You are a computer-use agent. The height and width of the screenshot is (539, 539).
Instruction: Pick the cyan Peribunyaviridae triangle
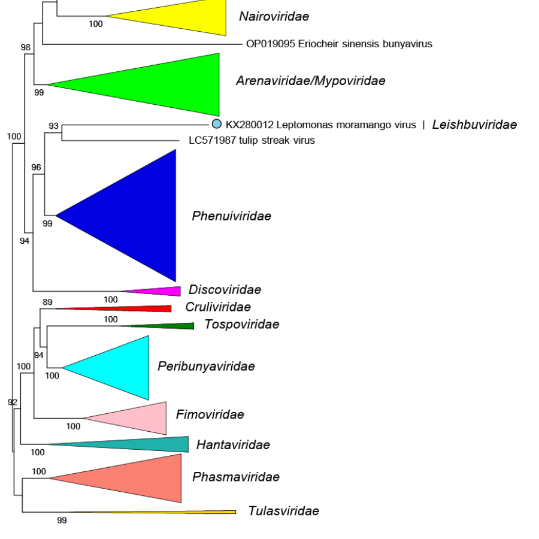120,368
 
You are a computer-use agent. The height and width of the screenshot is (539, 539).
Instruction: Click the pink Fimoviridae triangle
141,418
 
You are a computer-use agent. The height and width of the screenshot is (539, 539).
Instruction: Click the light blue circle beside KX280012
217,124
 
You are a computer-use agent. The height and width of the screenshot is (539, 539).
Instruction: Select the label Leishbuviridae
474,125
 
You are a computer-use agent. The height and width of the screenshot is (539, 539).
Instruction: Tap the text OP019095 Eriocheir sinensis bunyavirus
339,44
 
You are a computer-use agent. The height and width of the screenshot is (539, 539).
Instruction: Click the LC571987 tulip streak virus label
247,140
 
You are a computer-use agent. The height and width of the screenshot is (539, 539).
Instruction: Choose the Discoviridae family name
225,290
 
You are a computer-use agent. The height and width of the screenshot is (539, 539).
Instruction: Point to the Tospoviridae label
241,325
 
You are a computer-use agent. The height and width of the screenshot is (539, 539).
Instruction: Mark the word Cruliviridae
217,307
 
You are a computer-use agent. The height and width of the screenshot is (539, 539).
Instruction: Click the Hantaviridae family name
233,444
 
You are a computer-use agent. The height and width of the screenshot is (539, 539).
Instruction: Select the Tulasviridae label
283,511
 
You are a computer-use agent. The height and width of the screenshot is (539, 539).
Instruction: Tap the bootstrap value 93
54,126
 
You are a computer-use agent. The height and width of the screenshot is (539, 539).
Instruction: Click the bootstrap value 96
37,167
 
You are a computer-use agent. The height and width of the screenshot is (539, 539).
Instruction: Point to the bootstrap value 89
48,302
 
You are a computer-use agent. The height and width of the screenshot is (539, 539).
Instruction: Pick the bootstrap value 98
25,47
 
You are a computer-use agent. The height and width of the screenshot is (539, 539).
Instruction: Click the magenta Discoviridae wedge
162,291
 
